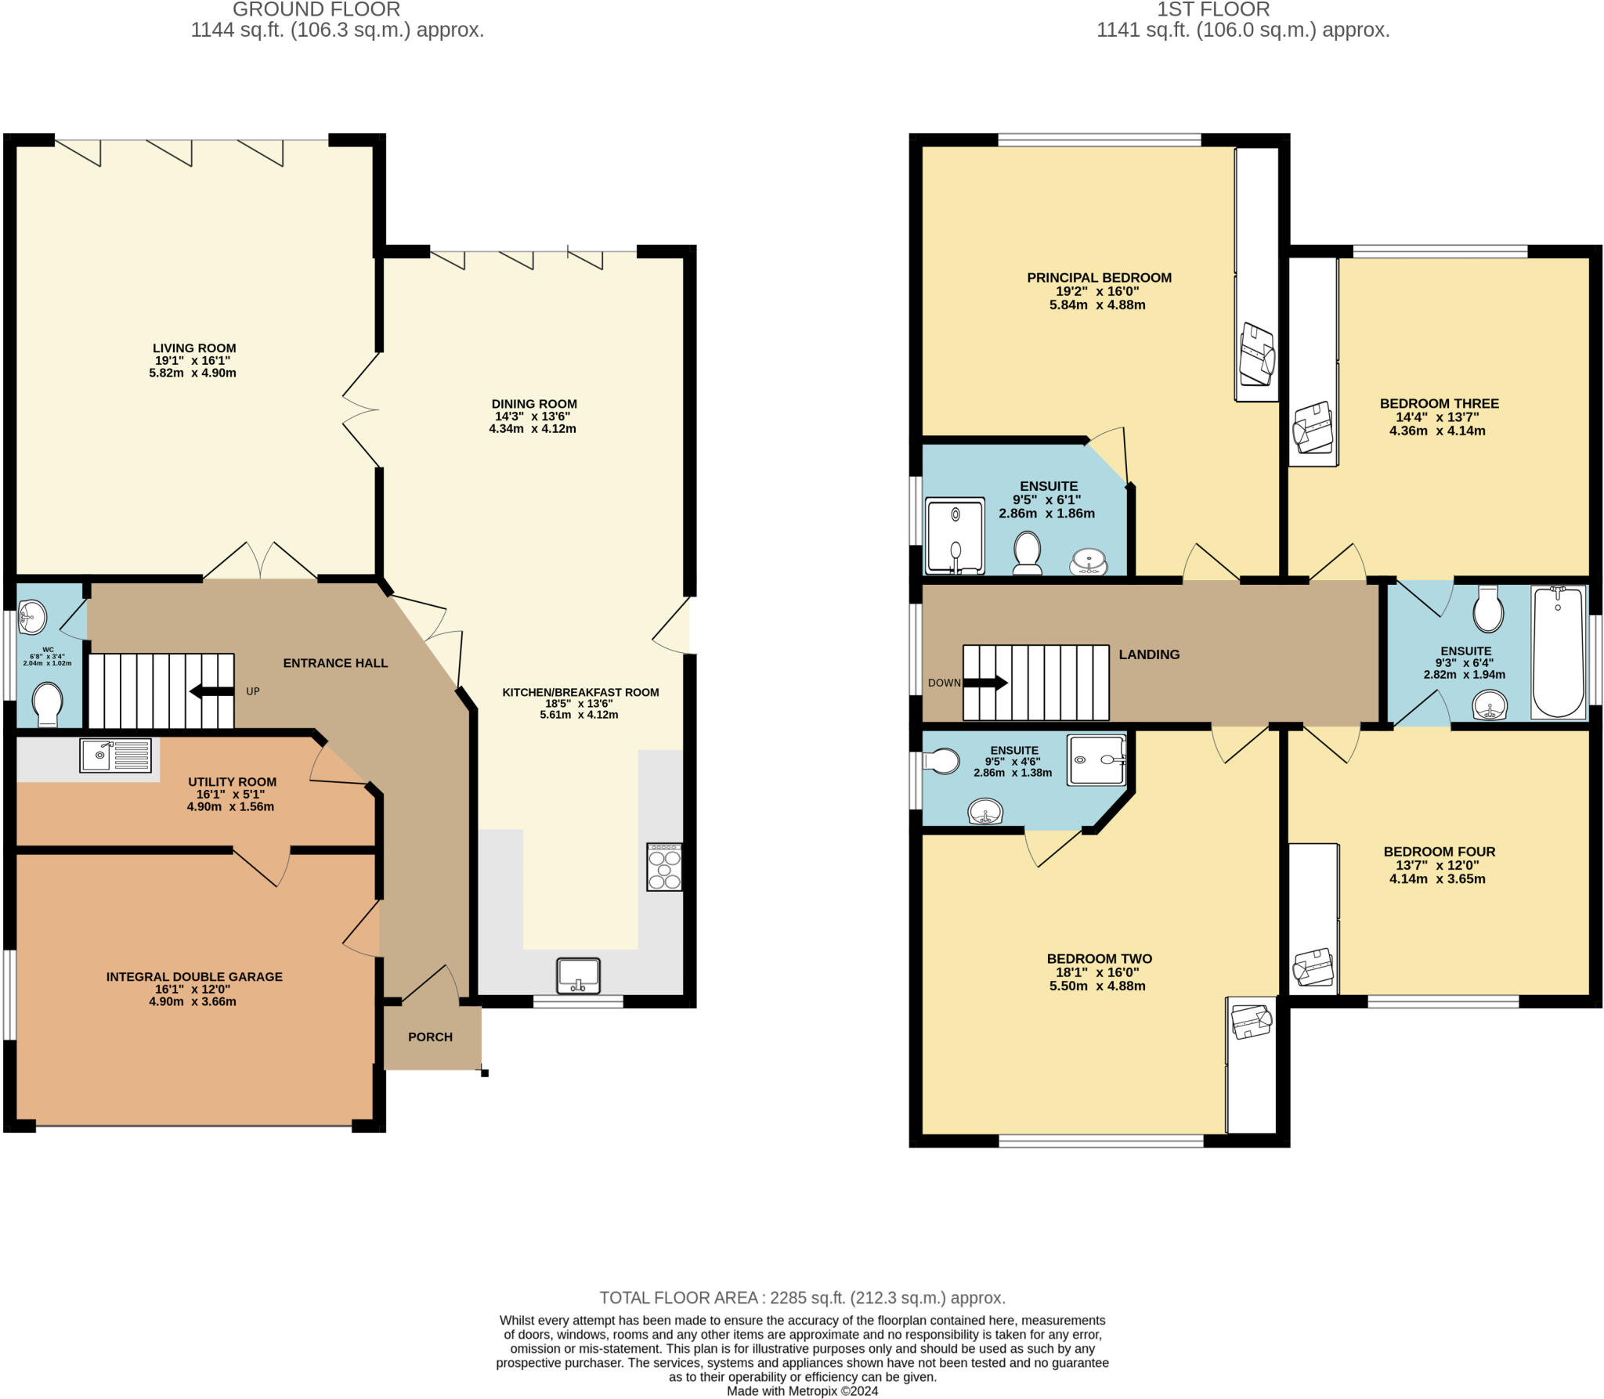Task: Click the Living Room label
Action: click(194, 348)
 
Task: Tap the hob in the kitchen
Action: click(664, 867)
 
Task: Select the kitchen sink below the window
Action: click(578, 975)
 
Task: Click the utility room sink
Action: click(115, 755)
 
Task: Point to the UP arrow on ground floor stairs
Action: click(211, 690)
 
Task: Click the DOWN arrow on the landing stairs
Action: click(984, 683)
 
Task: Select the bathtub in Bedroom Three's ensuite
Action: click(1558, 652)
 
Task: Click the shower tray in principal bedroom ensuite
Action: click(955, 536)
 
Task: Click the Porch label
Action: click(430, 1037)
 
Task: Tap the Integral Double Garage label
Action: click(194, 976)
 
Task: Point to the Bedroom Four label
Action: click(1439, 851)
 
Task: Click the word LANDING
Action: click(1148, 654)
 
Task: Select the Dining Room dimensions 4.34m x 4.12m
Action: click(533, 429)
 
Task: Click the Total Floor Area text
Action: click(802, 1297)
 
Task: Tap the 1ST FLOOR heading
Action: click(1213, 10)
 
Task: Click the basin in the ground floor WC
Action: click(33, 617)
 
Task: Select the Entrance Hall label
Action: click(335, 662)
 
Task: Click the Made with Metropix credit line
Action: click(802, 1390)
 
